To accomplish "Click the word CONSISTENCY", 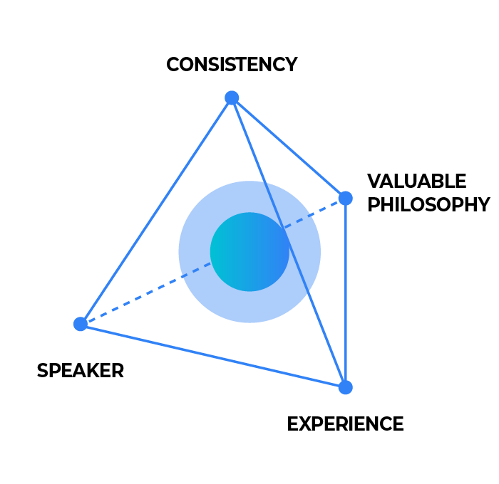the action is pyautogui.click(x=232, y=65).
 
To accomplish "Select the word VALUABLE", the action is pyautogui.click(x=416, y=181).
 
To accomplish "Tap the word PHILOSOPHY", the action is pyautogui.click(x=428, y=204).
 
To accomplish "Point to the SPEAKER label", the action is pyautogui.click(x=81, y=371).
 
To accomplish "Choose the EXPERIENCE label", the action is pyautogui.click(x=345, y=424).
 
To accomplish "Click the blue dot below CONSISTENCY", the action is pyautogui.click(x=232, y=98).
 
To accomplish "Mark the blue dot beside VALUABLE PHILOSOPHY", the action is pyautogui.click(x=346, y=199).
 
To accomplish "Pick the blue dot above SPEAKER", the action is pyautogui.click(x=81, y=324).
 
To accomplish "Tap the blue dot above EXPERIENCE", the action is pyautogui.click(x=346, y=387).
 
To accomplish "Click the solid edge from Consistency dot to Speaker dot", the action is pyautogui.click(x=156, y=211).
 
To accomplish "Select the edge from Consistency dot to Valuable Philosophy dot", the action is pyautogui.click(x=289, y=148).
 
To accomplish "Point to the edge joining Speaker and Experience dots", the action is pyautogui.click(x=213, y=356).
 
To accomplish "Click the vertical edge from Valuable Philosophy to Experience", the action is pyautogui.click(x=346, y=293).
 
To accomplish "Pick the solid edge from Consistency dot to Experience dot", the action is pyautogui.click(x=289, y=243).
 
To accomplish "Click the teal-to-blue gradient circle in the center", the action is pyautogui.click(x=249, y=252).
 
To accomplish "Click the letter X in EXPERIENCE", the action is pyautogui.click(x=307, y=424).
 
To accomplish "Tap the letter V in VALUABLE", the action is pyautogui.click(x=375, y=181).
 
